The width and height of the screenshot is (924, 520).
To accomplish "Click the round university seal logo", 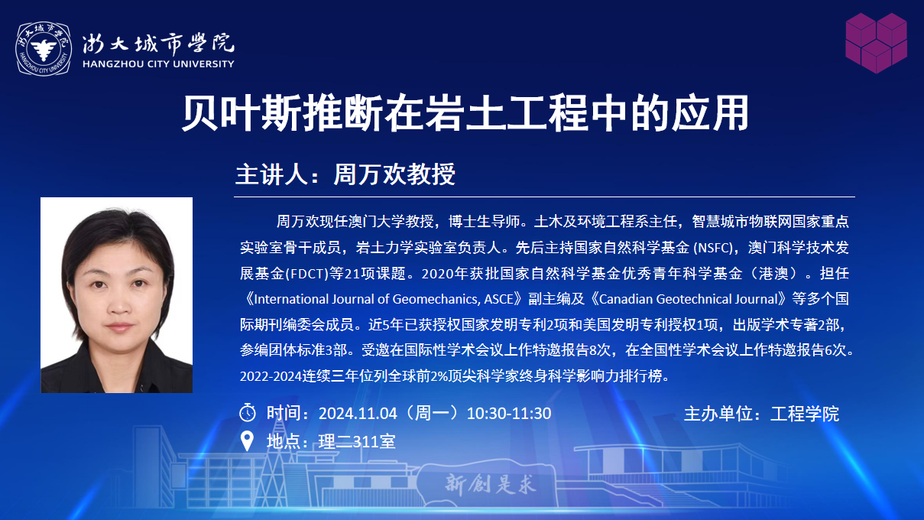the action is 44,49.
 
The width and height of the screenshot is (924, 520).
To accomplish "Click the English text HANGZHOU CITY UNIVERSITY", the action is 158,64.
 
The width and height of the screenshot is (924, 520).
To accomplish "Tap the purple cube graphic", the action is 876,43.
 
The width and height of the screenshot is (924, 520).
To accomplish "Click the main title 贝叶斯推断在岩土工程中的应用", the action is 465,113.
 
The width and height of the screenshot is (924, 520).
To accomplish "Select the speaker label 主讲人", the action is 271,174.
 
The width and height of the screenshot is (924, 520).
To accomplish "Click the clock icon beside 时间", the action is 248,412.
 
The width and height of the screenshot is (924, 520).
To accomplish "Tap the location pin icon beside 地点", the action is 247,440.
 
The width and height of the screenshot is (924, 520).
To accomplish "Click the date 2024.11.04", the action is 358,413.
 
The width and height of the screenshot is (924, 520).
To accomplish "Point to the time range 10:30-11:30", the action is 508,413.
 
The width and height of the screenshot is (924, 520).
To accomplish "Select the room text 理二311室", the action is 357,441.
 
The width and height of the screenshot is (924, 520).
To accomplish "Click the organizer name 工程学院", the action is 804,414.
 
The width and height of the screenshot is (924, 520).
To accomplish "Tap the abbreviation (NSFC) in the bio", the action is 714,248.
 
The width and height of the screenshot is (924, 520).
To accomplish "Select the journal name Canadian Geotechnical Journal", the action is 688,299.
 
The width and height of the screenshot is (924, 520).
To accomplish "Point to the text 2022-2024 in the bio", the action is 271,376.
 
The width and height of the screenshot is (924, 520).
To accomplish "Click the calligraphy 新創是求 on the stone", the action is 491,484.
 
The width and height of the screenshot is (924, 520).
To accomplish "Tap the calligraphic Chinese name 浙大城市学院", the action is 158,43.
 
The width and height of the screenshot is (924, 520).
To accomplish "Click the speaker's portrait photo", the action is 116,295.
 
